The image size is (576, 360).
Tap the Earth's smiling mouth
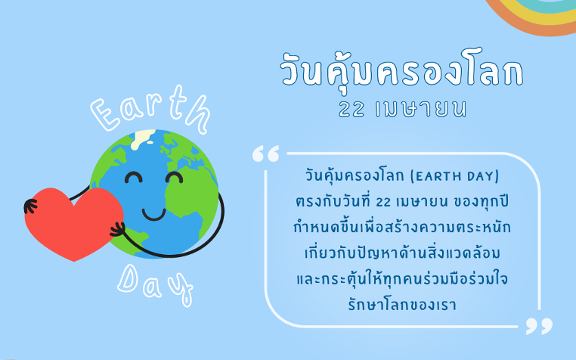click(153, 214)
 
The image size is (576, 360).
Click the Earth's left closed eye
click(133, 177)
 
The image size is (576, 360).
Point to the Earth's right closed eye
click(174, 177)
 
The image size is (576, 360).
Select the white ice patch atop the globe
click(143, 138)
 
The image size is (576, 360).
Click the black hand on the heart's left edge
click(30, 206)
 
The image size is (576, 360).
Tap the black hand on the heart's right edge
click(118, 230)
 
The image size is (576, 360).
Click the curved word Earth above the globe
click(150, 109)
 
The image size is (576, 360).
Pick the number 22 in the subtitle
click(351, 109)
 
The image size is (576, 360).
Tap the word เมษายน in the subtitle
click(421, 109)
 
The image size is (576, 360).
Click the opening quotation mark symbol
click(265, 154)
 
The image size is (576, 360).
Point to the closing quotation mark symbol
click(539, 326)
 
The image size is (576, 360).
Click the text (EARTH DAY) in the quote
click(455, 176)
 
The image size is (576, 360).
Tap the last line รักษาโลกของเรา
click(402, 305)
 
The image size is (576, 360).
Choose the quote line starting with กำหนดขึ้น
click(402, 227)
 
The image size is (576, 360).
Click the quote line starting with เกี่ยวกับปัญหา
click(402, 253)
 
